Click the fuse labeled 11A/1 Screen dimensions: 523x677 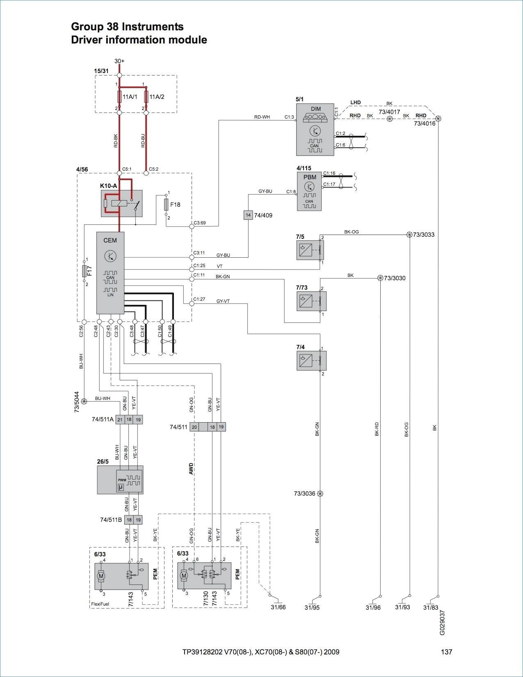pos(119,97)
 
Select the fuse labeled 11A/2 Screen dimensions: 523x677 pos(146,97)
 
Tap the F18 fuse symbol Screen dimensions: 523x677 pos(167,204)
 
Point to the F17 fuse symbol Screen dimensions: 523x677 pos(84,271)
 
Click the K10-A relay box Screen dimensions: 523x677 pos(121,204)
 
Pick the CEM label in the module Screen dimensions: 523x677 pos(110,240)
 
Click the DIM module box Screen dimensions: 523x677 pos(315,130)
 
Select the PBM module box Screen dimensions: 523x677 pos(309,191)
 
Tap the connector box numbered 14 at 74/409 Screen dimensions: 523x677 pos(248,215)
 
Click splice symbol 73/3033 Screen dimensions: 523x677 pos(410,235)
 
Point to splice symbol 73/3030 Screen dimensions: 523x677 pos(380,278)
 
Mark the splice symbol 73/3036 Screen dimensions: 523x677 pos(320,494)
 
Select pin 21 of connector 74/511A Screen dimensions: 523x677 pos(120,420)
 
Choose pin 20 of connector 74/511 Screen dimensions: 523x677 pos(194,427)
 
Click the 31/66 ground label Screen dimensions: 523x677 pos(278,606)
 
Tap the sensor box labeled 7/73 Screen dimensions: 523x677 pos(311,301)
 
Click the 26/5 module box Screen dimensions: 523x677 pos(120,480)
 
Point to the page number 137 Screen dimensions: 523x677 pos(446,652)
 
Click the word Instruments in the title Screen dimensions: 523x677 pos(153,27)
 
